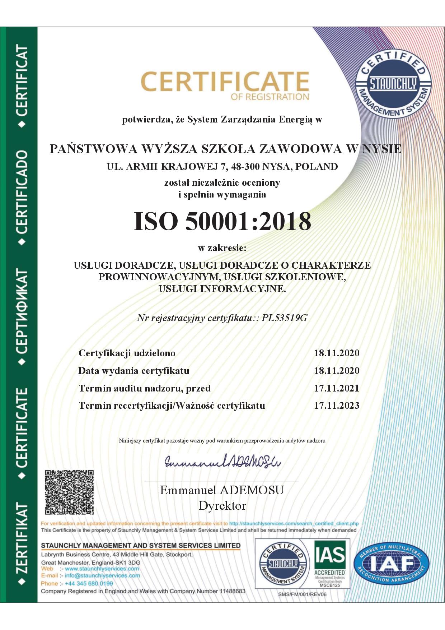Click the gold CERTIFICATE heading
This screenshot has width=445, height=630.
pos(225,82)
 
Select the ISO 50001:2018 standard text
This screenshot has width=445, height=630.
pos(222,221)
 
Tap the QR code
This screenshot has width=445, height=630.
pos(69,492)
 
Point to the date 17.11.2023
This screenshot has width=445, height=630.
pos(337,406)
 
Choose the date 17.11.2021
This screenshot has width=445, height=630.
pos(337,388)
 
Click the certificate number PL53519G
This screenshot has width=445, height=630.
pos(285,318)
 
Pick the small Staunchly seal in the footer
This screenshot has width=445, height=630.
pos(283,564)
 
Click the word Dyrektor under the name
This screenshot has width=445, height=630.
pos(222,506)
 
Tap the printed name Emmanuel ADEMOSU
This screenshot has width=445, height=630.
pos(222,490)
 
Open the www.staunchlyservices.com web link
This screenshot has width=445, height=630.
pos(102,569)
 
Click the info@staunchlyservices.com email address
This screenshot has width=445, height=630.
pos(102,575)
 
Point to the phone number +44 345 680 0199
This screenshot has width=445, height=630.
pos(89,583)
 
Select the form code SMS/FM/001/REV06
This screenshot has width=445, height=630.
pos(302,594)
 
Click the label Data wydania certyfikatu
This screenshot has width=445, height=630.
pos(134,371)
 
